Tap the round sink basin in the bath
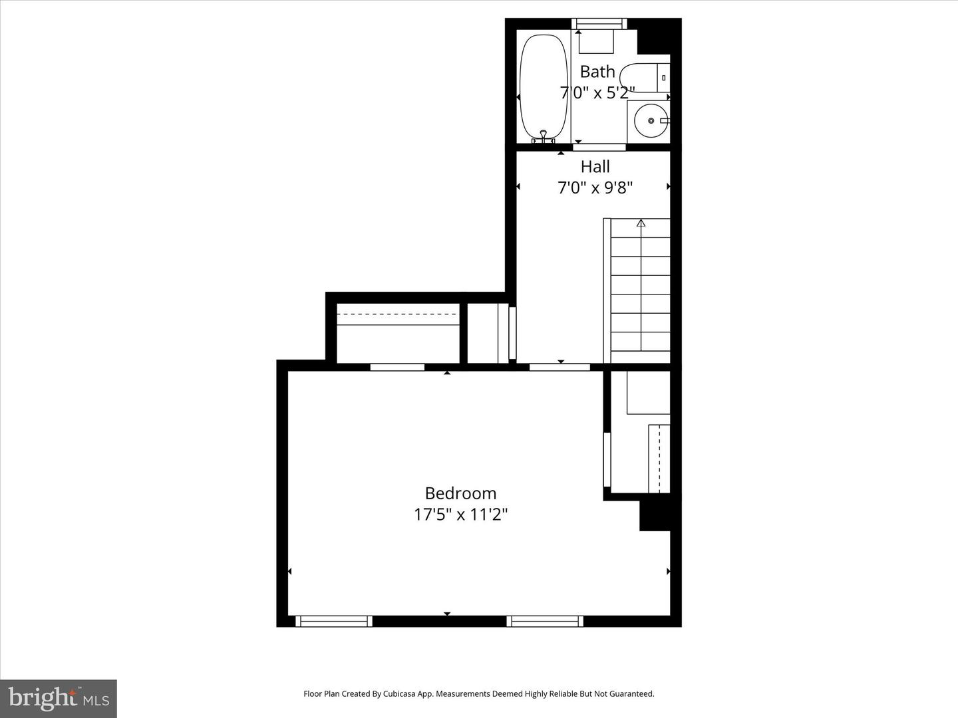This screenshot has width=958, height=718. pyautogui.click(x=650, y=120)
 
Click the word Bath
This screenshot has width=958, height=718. pyautogui.click(x=597, y=71)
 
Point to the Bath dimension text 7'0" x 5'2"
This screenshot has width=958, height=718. pyautogui.click(x=597, y=92)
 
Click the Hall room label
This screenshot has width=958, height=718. pyautogui.click(x=595, y=166)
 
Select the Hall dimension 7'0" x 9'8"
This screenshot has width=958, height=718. pyautogui.click(x=595, y=187)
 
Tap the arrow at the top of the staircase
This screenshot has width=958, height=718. pyautogui.click(x=641, y=223)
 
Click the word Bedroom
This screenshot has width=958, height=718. pyautogui.click(x=460, y=493)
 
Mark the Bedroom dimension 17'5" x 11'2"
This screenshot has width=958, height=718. pyautogui.click(x=460, y=514)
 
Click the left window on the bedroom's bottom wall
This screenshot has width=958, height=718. pyautogui.click(x=333, y=621)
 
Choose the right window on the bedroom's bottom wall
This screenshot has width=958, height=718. pyautogui.click(x=545, y=621)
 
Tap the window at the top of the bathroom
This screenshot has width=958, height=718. pyautogui.click(x=599, y=24)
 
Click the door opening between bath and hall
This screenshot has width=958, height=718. pyautogui.click(x=599, y=147)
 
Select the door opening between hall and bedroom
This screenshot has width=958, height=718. pyautogui.click(x=559, y=367)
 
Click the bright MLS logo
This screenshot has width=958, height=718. pyautogui.click(x=59, y=698)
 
